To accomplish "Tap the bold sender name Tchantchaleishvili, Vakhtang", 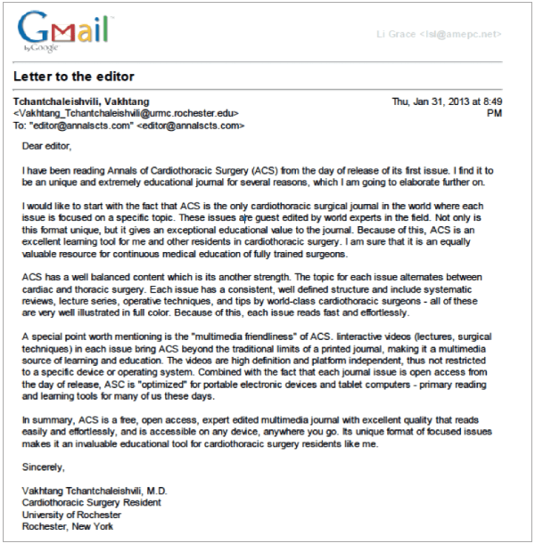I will click(x=81, y=101).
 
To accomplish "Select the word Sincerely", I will click(x=45, y=466).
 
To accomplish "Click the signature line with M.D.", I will click(x=95, y=491).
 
